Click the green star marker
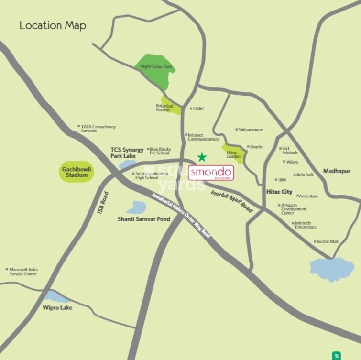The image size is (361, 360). pos(202,157)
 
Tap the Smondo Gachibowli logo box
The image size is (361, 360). pos(211,173)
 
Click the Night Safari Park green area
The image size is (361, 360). pos(156,70)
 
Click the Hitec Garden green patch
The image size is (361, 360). pos(234,153)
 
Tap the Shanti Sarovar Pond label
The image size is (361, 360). pos(144,219)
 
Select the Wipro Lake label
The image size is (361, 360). pos(57,307)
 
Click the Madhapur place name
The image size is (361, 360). pos(337,171)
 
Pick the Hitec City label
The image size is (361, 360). pos(279,192)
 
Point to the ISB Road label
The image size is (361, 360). pos(103,202)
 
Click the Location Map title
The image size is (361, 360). pos(53,25)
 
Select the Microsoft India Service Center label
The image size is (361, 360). pos(23,272)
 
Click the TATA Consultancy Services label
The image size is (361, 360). pos(98,129)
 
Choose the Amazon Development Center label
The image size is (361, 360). pos(294,209)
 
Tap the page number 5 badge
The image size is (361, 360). pos(337,355)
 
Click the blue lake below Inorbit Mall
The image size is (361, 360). pos(332,269)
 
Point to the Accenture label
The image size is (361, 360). pos(308,196)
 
